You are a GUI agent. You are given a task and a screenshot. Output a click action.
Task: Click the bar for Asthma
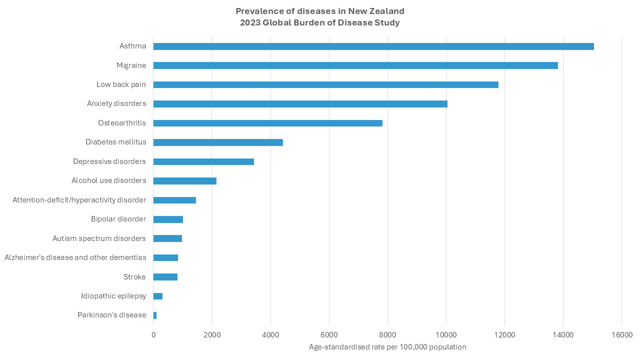(373, 46)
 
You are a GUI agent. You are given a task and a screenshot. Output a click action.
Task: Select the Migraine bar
(355, 65)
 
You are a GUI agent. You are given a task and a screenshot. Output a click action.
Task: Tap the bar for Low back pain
(325, 84)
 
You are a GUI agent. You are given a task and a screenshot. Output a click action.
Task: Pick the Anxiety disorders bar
(300, 104)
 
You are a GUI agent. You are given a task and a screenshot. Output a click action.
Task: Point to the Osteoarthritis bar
(267, 123)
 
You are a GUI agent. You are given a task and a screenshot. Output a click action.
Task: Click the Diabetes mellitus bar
(218, 142)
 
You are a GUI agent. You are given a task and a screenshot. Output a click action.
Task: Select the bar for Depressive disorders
(203, 161)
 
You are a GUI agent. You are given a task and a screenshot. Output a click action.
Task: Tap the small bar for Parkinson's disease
(155, 315)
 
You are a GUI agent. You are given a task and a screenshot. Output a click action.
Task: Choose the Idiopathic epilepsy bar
(158, 296)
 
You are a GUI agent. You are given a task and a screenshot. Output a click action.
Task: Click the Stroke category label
(134, 277)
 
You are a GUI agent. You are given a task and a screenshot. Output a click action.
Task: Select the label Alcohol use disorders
(108, 180)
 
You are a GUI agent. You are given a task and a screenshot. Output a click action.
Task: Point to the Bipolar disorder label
(118, 219)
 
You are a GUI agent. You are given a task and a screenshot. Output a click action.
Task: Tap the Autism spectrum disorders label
(99, 238)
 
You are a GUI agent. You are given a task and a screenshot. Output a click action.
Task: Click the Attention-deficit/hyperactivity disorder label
(79, 200)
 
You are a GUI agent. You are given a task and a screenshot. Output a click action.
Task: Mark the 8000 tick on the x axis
(387, 334)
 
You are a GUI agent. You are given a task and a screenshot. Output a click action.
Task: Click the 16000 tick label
(621, 334)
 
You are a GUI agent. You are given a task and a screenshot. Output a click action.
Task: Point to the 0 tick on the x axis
(153, 334)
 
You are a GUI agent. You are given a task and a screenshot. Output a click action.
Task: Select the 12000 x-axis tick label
(504, 334)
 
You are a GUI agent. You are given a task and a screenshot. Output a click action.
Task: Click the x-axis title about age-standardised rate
(387, 347)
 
